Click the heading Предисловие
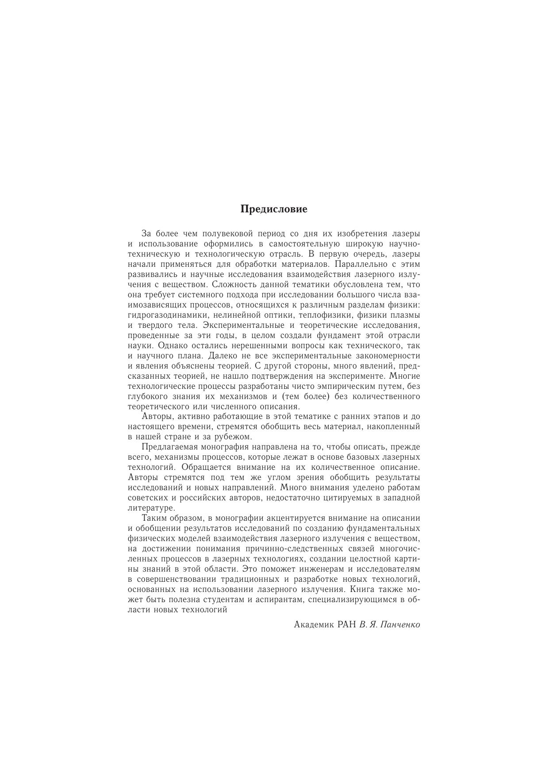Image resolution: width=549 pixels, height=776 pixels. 274,209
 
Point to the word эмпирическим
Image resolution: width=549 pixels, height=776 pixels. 354,386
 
